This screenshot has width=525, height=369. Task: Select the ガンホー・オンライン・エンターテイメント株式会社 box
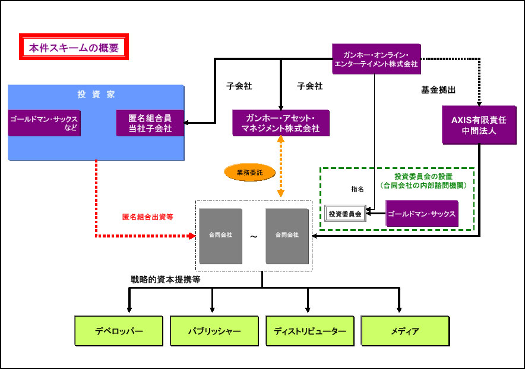[376, 58]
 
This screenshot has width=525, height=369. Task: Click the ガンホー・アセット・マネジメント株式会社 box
[280, 123]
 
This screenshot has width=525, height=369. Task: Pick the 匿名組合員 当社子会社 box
[150, 123]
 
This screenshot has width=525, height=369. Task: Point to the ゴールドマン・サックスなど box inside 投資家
[45, 123]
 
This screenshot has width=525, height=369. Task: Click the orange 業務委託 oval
[248, 173]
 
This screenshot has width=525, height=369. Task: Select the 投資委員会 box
[345, 214]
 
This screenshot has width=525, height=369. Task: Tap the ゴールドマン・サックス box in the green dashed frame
[422, 214]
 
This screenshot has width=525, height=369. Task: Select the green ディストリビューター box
[309, 330]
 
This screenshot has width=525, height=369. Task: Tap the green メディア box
[405, 330]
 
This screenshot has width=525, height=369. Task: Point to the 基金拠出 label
[438, 90]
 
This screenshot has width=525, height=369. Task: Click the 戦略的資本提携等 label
[165, 279]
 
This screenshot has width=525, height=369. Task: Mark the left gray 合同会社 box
[220, 236]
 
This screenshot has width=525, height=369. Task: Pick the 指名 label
[358, 189]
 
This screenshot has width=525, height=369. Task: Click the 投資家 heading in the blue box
[96, 94]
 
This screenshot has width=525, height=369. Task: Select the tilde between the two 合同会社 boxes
[254, 236]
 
